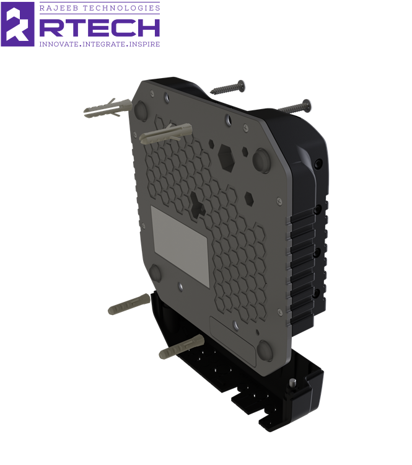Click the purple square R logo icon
pyautogui.click(x=17, y=24)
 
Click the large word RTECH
pyautogui.click(x=100, y=28)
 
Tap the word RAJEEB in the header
pyautogui.click(x=59, y=8)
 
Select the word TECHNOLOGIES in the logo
pyautogui.click(x=121, y=8)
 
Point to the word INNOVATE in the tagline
pyautogui.click(x=59, y=44)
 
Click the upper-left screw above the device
pyautogui.click(x=227, y=87)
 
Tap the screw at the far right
pyautogui.click(x=294, y=107)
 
